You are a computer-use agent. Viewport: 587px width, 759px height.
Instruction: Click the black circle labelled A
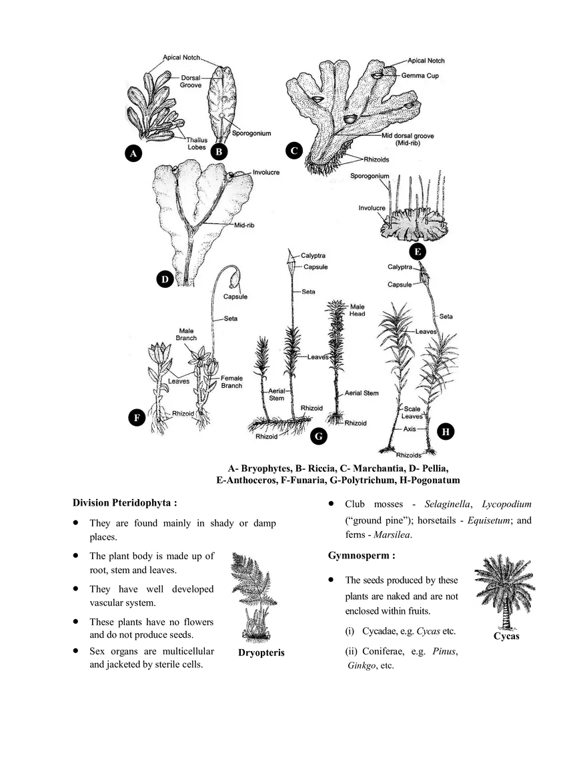click(133, 153)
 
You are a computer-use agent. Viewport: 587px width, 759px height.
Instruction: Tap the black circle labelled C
click(293, 151)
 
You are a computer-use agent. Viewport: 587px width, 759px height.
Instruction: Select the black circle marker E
click(418, 252)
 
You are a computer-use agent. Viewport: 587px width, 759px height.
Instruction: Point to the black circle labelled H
click(446, 431)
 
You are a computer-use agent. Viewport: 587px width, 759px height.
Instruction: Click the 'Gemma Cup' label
click(420, 75)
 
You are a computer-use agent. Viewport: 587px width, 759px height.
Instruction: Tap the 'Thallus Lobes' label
click(197, 144)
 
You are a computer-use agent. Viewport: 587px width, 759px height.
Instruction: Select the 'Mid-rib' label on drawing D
click(244, 225)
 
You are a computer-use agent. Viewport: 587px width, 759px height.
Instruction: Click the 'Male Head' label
click(358, 311)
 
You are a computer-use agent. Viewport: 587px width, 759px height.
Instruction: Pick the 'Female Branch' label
click(231, 382)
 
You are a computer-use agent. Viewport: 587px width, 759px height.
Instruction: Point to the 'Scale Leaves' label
click(412, 412)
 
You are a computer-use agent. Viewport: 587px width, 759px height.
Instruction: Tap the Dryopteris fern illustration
click(255, 597)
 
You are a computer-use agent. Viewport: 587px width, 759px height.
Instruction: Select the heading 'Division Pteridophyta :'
click(125, 502)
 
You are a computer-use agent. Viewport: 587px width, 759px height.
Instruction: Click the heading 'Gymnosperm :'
click(362, 555)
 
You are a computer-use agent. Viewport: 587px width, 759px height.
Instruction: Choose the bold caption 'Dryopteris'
click(261, 652)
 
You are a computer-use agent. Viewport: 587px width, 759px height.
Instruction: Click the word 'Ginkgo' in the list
click(362, 666)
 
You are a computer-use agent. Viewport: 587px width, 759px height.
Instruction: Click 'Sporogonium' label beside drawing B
click(251, 133)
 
